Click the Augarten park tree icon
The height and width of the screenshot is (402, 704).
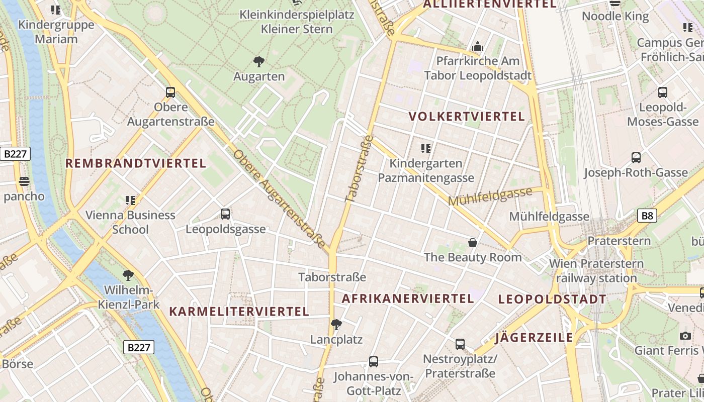tap(259, 62)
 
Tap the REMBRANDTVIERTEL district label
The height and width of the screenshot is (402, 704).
tap(136, 163)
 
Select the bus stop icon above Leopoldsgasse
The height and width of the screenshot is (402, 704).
tap(225, 214)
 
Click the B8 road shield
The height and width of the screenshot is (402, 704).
tap(648, 216)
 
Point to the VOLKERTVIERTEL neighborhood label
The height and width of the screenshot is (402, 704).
tap(467, 117)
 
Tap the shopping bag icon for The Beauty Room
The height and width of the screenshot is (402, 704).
tap(473, 243)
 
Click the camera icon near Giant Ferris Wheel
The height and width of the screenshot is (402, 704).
tap(685, 336)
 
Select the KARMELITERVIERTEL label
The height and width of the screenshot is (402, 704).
tap(239, 312)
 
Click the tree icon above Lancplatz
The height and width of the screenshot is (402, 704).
tap(336, 325)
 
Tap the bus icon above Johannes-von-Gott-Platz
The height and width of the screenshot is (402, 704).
tap(373, 362)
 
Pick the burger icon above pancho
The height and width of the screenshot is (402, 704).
tap(24, 181)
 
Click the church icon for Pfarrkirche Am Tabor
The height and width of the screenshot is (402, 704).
tap(478, 47)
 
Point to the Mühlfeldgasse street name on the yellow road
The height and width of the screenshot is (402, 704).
tap(490, 196)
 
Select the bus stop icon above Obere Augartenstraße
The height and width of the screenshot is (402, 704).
tap(170, 92)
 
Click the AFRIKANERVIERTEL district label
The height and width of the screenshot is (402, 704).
tap(408, 298)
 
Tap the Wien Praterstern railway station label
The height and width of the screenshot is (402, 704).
tap(596, 271)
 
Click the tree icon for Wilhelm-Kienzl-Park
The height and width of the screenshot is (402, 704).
tap(128, 275)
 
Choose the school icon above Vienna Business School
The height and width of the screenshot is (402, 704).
tap(130, 200)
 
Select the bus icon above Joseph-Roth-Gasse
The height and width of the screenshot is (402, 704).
tap(636, 158)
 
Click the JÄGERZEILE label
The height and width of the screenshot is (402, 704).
tap(534, 337)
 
